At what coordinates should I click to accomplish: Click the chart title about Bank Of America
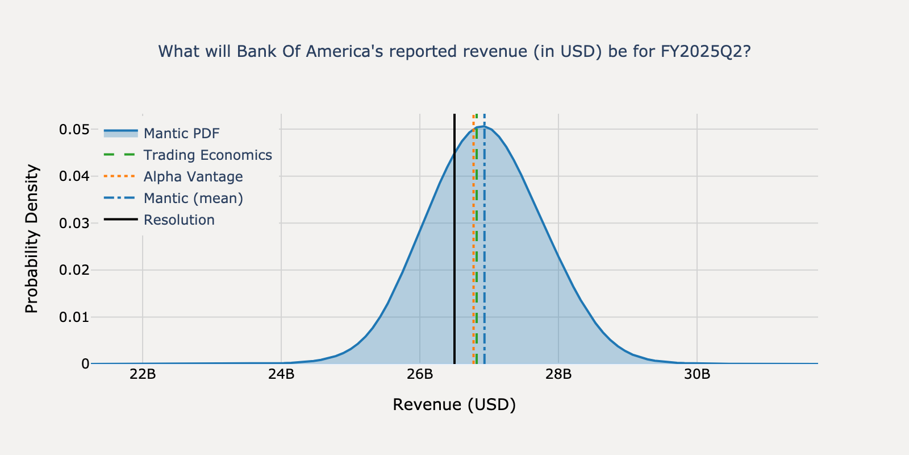point(454,52)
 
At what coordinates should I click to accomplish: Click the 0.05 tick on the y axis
point(74,130)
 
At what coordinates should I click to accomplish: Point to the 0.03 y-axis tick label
point(74,223)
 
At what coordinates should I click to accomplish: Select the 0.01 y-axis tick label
point(74,317)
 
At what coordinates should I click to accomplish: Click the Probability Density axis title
point(32,239)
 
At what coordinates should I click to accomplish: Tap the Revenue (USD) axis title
point(454,405)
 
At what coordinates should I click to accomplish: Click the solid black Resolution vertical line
point(454,256)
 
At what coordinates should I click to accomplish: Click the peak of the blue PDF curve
point(482,126)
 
